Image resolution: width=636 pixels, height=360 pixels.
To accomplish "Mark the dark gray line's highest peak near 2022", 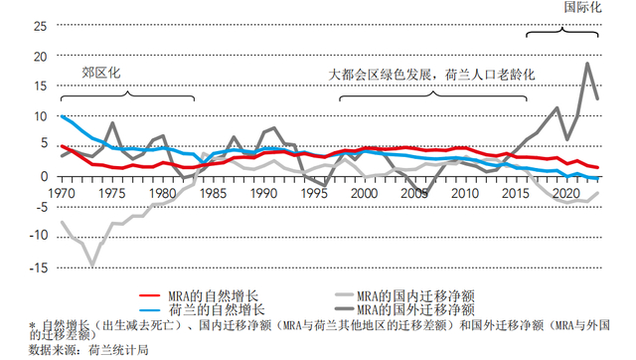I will tap(587, 64).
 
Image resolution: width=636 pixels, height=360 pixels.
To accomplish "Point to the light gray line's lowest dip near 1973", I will tap(92, 265).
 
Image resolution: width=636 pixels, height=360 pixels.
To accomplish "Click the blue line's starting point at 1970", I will tap(62, 116).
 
